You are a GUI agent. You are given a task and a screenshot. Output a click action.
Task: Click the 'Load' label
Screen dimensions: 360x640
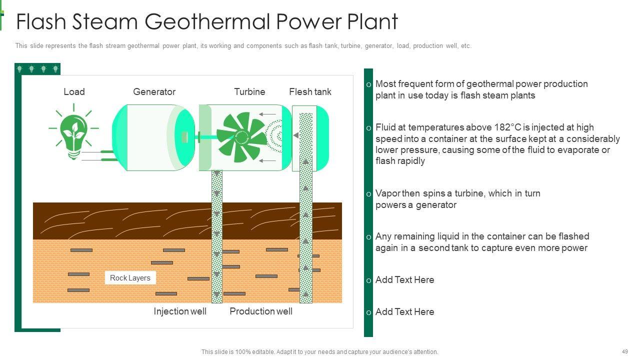click(x=74, y=91)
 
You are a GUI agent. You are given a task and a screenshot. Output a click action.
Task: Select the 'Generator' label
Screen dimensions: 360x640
click(x=154, y=91)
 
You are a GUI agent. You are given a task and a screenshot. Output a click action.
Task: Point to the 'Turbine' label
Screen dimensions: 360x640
click(x=249, y=91)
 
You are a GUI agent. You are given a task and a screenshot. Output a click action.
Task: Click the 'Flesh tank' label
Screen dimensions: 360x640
click(x=310, y=91)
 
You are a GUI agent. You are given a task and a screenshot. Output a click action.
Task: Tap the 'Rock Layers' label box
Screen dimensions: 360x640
click(x=130, y=278)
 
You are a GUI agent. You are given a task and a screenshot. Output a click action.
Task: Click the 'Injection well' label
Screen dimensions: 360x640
click(x=180, y=311)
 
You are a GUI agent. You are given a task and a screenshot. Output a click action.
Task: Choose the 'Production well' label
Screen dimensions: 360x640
click(x=261, y=311)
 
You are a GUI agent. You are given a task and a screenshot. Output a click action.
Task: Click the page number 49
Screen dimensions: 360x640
click(x=625, y=351)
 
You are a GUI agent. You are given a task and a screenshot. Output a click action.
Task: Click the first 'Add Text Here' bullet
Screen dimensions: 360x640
click(x=404, y=279)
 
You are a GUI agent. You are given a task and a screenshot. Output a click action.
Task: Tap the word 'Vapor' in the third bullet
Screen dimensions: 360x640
click(x=387, y=193)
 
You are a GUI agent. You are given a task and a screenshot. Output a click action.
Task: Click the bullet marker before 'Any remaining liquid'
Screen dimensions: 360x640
click(x=368, y=237)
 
